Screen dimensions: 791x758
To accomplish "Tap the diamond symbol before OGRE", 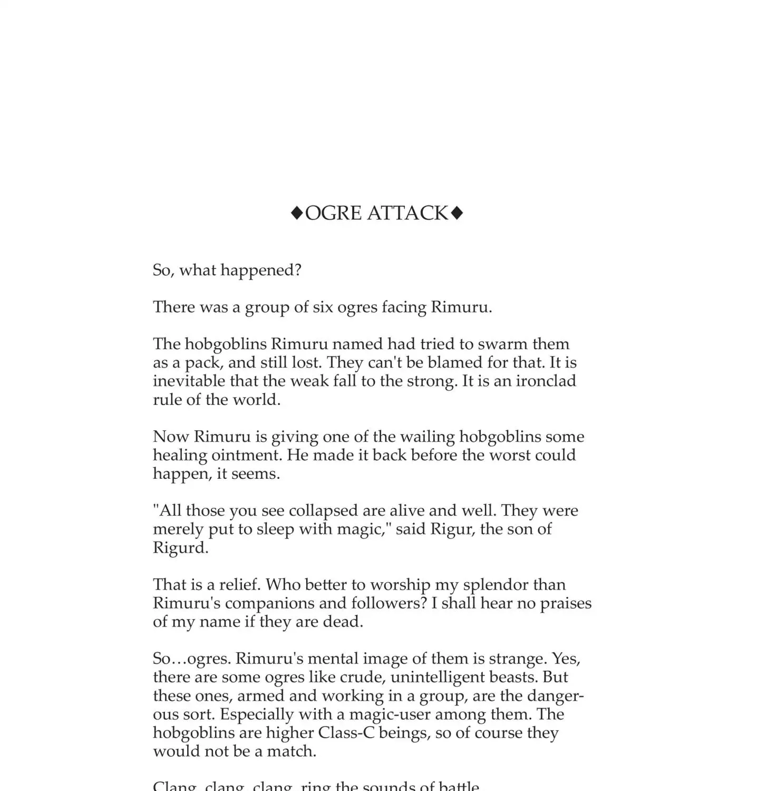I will [297, 213].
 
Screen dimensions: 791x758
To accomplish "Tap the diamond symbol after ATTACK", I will [457, 213].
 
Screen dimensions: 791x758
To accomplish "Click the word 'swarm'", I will [502, 344].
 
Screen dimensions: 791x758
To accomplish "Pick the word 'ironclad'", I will [546, 381].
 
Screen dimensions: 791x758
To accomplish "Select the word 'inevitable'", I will [181, 381].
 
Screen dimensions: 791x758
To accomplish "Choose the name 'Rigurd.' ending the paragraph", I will [180, 547].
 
